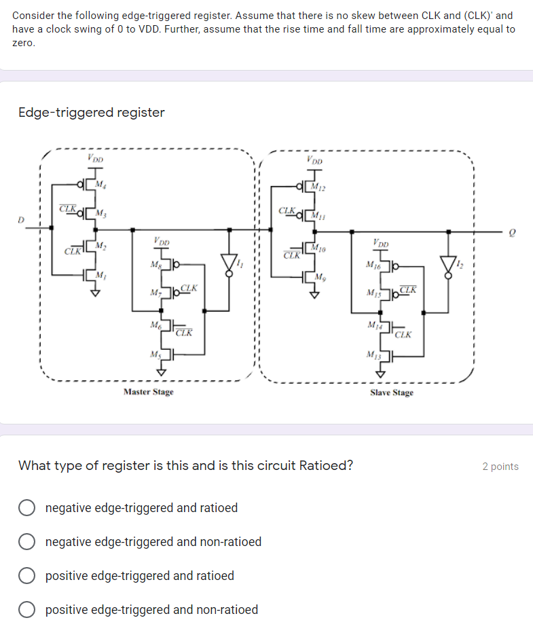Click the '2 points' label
tap(500, 467)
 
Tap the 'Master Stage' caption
tap(148, 392)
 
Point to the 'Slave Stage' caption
tap(391, 393)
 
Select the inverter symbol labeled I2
tap(448, 264)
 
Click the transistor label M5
tap(155, 354)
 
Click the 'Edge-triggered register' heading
tap(91, 113)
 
